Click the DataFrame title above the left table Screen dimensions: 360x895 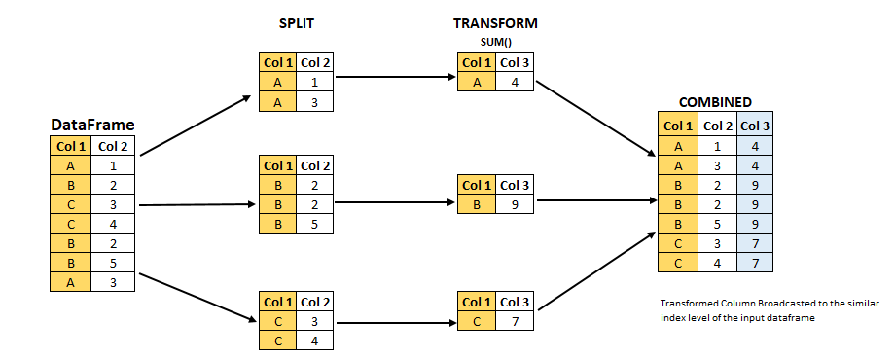92,126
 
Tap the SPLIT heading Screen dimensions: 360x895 296,22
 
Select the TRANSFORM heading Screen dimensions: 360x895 495,22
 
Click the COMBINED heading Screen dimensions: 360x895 715,101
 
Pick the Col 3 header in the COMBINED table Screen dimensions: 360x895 755,126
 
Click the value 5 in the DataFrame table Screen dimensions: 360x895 113,262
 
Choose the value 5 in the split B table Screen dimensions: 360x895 315,225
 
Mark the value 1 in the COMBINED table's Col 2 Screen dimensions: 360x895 717,145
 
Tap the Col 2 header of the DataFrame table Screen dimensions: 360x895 113,147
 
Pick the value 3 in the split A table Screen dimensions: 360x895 315,102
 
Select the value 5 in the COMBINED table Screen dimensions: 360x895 717,223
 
